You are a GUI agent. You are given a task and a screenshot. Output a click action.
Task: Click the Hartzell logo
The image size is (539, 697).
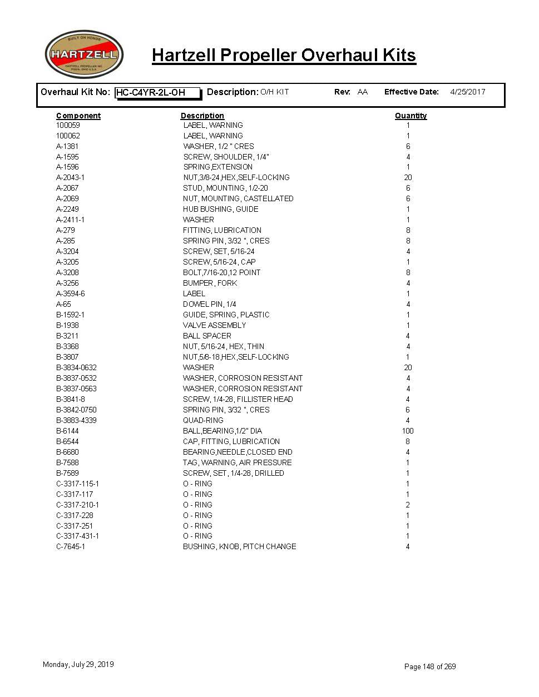84,54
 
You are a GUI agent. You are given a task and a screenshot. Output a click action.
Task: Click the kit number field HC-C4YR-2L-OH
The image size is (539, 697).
157,93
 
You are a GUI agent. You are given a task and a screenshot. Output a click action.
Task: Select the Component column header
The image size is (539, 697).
78,116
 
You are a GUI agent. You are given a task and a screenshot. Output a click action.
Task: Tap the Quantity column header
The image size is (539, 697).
411,116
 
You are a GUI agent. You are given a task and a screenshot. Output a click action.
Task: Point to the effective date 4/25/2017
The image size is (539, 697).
467,92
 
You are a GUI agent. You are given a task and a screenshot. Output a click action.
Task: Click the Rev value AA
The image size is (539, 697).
363,92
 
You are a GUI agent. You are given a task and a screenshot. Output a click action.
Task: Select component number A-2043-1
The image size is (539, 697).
70,177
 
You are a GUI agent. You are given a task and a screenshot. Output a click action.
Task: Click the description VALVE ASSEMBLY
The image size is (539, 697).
214,325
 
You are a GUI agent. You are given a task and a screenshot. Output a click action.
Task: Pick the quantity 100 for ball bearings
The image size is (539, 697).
408,431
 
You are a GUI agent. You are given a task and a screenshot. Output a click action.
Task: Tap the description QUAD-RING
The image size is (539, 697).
203,420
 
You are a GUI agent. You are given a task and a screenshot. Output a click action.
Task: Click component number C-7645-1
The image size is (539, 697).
70,546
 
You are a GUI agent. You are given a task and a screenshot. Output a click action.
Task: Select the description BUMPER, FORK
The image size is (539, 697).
210,283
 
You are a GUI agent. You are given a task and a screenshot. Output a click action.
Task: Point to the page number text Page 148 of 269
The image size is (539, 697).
430,666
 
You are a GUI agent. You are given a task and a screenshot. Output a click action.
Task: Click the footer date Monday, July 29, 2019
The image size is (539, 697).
78,664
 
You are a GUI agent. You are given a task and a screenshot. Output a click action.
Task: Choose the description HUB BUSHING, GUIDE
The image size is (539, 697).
220,209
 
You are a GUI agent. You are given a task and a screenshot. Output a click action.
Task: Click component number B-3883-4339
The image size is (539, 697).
76,420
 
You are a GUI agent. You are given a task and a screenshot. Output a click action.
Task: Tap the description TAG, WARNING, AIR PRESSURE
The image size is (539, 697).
237,462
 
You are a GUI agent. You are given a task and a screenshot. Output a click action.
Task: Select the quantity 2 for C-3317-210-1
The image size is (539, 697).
408,505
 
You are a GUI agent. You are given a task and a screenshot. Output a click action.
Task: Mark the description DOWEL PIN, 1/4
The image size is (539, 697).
209,304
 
